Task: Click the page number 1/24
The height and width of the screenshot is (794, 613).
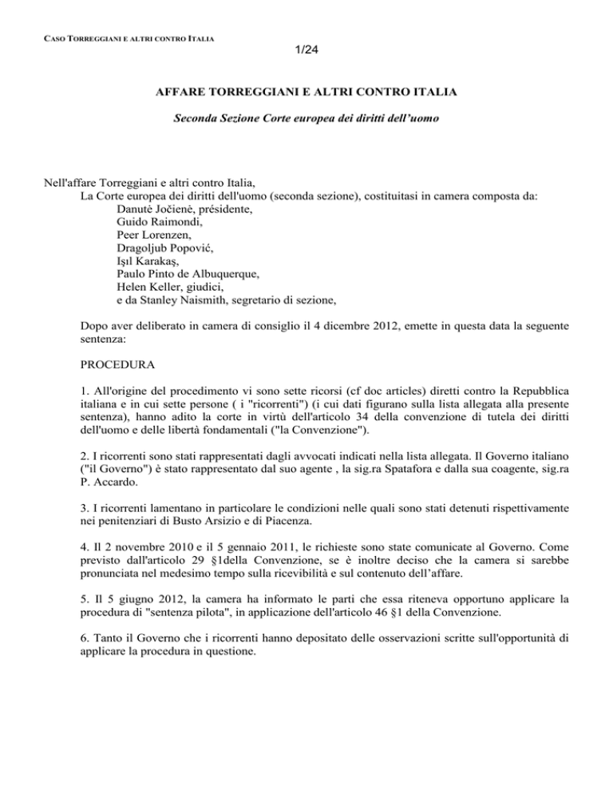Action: [x=306, y=51]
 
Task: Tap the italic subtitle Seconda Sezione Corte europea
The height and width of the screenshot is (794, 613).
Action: [x=306, y=127]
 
